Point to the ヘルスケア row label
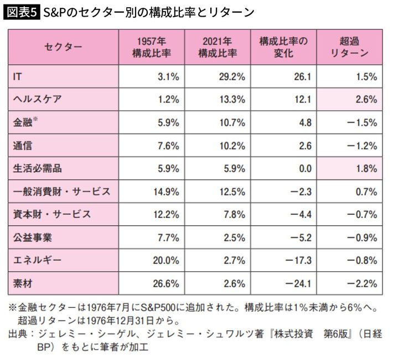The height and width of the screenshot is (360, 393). (x=37, y=100)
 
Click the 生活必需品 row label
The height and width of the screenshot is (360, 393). (x=37, y=168)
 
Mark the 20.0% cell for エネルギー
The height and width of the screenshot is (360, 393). (x=166, y=260)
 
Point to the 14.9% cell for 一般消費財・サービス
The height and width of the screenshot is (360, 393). (x=166, y=192)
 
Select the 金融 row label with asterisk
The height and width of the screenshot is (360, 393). (x=25, y=123)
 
